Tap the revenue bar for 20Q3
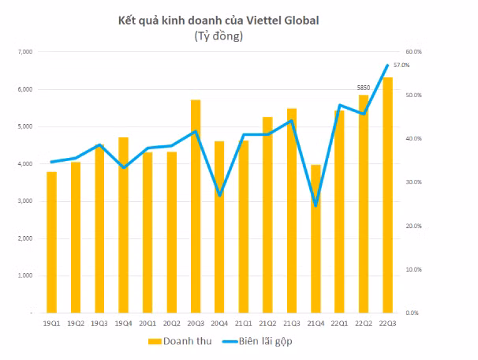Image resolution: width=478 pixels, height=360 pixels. click(196, 206)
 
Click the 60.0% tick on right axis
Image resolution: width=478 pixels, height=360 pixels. click(415, 52)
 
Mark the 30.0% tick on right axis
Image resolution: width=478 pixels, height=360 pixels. click(415, 182)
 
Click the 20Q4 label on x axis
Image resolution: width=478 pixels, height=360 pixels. click(219, 323)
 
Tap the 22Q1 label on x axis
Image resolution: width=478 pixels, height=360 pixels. click(339, 323)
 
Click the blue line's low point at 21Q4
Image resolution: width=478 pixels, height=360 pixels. click(316, 205)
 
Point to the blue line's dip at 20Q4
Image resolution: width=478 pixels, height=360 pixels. click(219, 195)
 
